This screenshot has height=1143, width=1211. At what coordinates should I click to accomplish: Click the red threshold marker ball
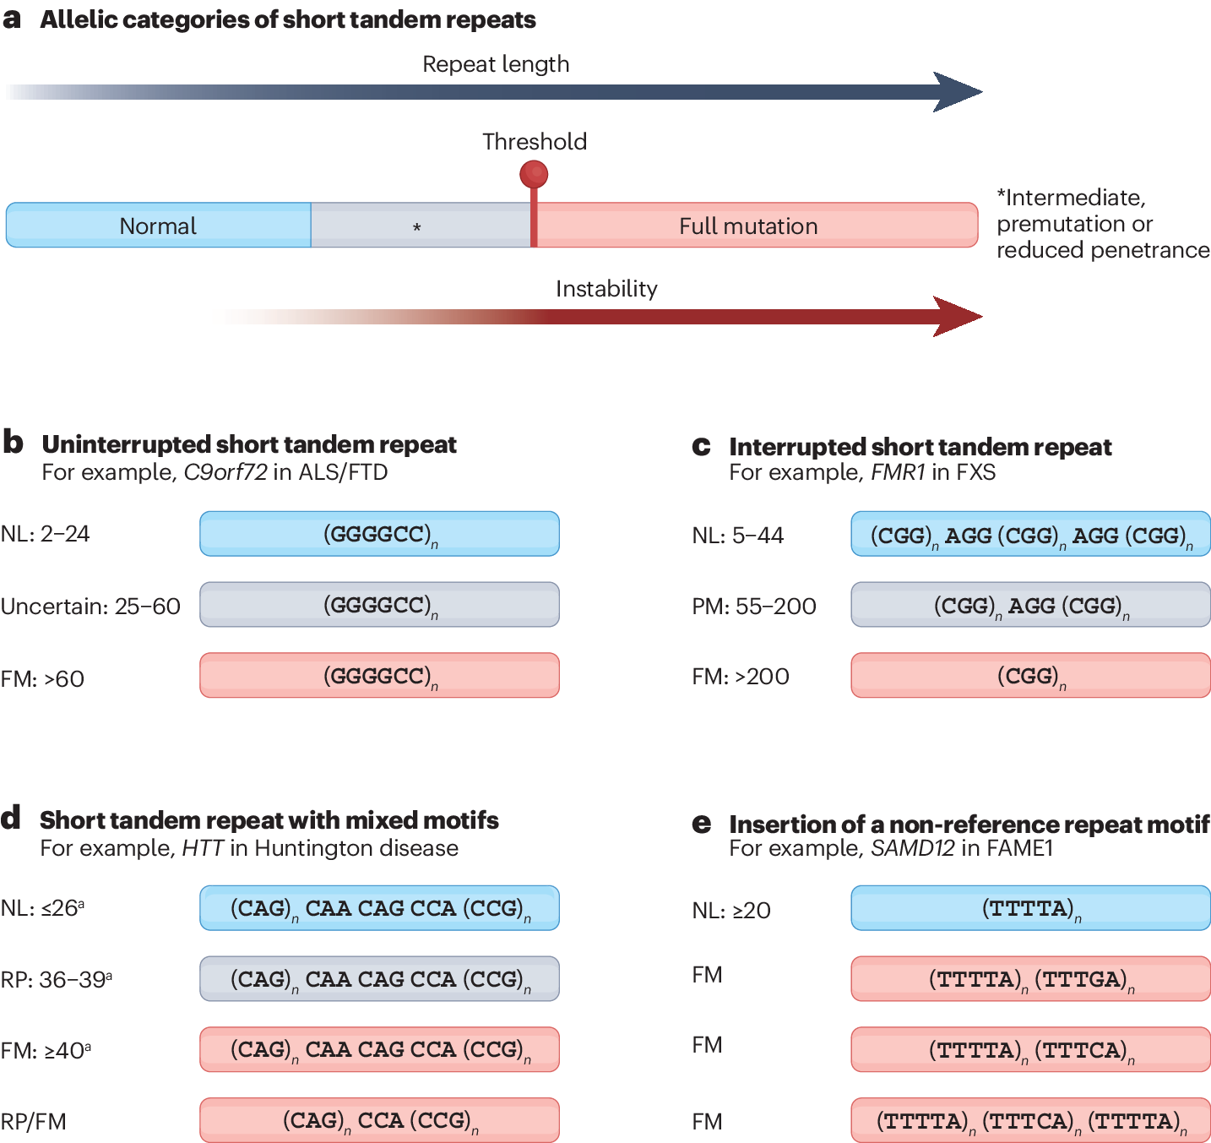(x=534, y=174)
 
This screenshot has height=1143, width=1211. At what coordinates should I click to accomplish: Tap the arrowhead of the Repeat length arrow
(x=958, y=92)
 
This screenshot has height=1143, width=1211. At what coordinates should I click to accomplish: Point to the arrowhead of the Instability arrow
(x=958, y=317)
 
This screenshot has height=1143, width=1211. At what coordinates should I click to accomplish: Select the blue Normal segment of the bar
(x=159, y=226)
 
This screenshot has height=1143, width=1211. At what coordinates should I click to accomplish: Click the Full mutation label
(x=748, y=226)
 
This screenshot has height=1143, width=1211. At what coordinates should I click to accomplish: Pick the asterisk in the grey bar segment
(x=417, y=227)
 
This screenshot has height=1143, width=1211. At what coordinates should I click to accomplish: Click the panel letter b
(x=13, y=442)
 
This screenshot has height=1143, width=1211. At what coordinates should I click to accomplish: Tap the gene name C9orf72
(x=225, y=472)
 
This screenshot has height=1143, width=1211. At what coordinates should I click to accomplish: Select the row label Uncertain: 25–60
(x=90, y=607)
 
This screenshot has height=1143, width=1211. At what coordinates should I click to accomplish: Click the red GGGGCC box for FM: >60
(x=379, y=676)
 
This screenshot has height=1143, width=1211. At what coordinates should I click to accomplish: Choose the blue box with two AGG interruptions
(x=1030, y=535)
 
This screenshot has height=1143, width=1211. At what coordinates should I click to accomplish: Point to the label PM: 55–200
(x=753, y=607)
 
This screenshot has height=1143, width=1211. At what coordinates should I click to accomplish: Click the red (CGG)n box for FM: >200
(x=1030, y=676)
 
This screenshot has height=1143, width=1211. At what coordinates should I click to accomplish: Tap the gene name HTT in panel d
(x=203, y=848)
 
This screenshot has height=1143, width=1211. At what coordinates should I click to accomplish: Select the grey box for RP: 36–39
(x=379, y=979)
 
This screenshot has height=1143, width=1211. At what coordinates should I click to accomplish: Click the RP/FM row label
(x=34, y=1122)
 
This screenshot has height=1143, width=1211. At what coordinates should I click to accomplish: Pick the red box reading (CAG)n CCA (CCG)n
(x=379, y=1120)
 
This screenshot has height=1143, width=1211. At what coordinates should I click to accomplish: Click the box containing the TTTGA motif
(x=1030, y=979)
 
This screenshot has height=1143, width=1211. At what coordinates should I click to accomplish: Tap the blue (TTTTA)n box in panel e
(x=1030, y=909)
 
